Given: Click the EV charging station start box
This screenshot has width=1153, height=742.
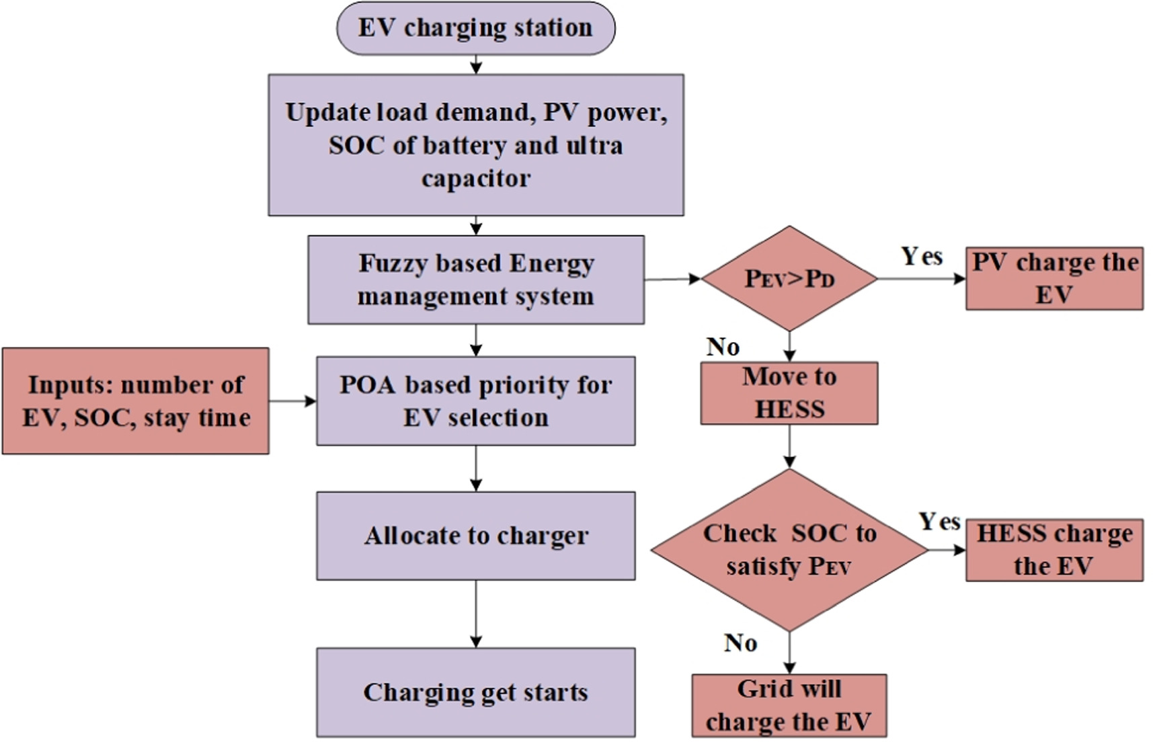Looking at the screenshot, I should point(475,28).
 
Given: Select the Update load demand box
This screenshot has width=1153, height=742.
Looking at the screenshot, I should point(475,145).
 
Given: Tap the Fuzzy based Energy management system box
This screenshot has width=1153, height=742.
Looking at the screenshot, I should point(475,279).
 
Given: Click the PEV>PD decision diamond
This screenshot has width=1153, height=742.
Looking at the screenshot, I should point(789,278).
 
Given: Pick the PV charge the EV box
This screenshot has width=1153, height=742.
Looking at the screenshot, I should point(1053,278).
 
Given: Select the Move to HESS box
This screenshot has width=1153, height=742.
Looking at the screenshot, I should point(789,393).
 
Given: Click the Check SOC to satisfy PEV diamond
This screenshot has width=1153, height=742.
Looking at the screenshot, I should point(789,550).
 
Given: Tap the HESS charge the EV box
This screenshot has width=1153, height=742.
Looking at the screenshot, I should point(1053,550).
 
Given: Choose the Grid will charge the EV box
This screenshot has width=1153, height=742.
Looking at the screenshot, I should point(789,706).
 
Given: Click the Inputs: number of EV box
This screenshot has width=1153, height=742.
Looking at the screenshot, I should point(135,401).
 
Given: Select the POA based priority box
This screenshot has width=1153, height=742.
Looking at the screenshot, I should point(475,401).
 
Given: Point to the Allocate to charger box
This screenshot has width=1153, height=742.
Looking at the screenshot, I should point(475,536).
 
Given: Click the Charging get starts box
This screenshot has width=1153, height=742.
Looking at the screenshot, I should point(475,692).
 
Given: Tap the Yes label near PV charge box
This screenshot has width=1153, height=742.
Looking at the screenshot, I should point(922,256).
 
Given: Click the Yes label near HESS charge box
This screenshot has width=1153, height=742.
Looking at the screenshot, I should point(939,522).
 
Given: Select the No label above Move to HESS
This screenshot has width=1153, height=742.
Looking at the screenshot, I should point(723,347).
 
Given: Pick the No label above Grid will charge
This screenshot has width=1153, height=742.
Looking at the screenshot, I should point(740,643).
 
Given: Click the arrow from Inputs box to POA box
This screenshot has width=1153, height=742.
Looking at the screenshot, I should point(292,401).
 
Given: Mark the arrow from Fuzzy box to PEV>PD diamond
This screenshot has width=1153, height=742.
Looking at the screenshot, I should point(672,278).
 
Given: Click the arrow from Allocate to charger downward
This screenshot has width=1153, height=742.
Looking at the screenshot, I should point(475,613).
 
